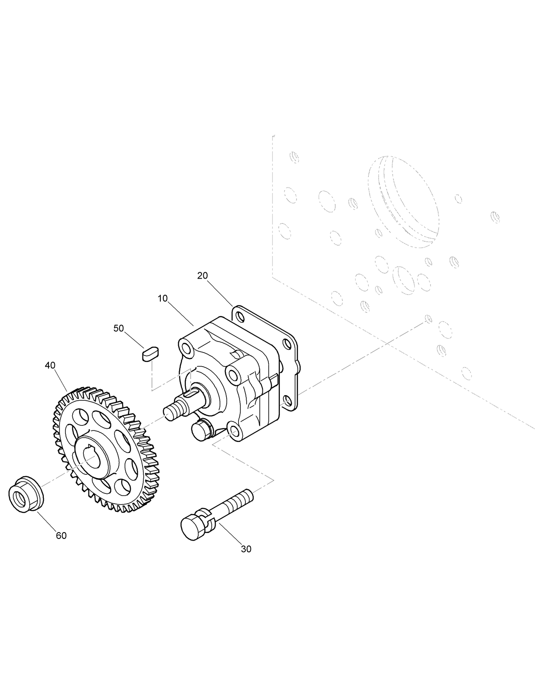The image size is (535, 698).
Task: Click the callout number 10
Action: [x=162, y=299]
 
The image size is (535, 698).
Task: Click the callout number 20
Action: [x=202, y=276]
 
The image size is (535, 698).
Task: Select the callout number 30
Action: [x=246, y=549]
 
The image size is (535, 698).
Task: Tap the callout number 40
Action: [x=50, y=365]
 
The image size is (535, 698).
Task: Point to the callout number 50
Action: [x=119, y=328]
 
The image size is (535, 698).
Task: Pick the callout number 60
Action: [x=61, y=536]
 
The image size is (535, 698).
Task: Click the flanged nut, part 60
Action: [x=26, y=494]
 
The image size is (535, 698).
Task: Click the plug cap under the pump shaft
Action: [x=201, y=430]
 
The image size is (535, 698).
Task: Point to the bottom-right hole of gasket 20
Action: [x=287, y=401]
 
